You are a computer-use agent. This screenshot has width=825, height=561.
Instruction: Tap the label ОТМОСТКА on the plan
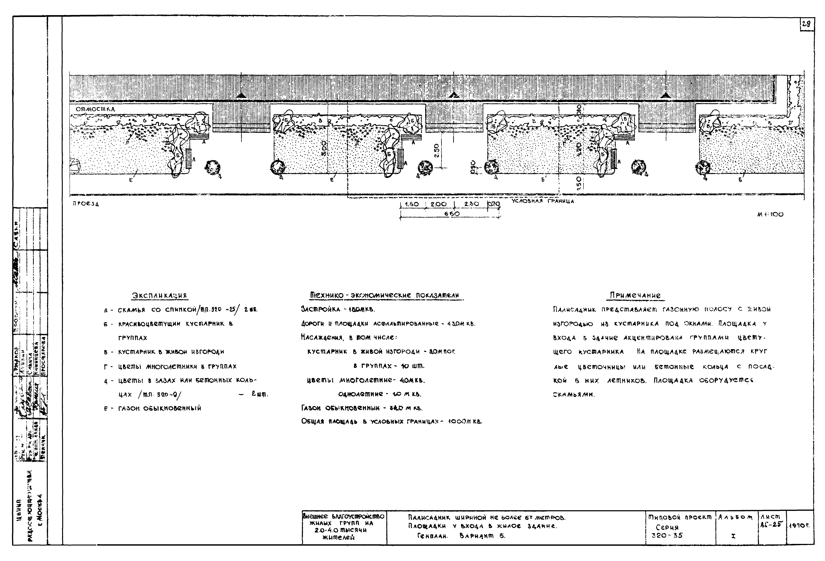point(95,109)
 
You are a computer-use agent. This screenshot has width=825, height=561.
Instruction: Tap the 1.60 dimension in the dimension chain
point(412,204)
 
